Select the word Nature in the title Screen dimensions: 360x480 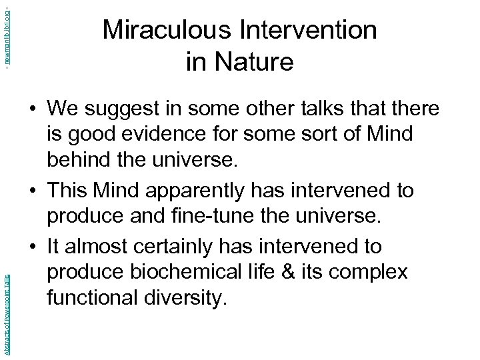click(253, 61)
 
